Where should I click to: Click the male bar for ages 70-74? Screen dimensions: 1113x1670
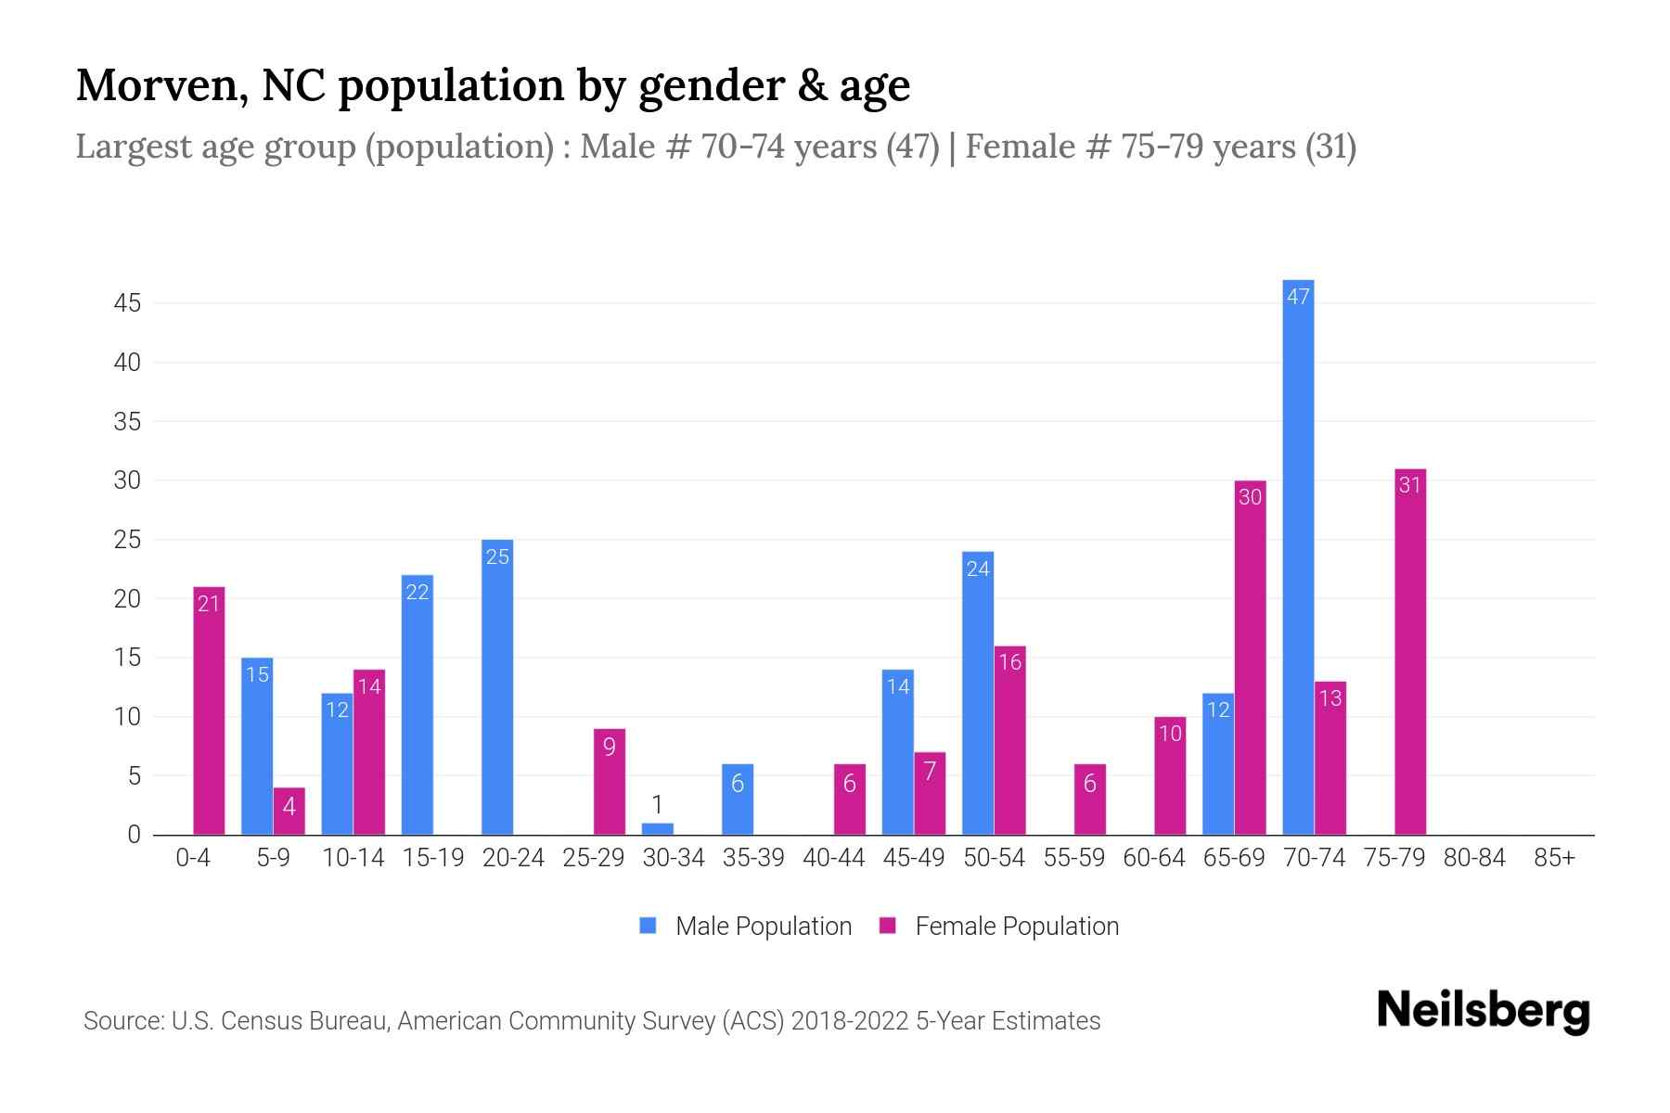point(1298,556)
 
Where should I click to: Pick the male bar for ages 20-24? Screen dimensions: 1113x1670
point(497,687)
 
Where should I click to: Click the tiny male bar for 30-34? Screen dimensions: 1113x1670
point(658,828)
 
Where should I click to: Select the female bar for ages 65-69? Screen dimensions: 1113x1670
point(1250,658)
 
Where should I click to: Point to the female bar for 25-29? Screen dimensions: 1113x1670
point(610,782)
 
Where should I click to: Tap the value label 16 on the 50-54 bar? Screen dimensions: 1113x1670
point(1010,662)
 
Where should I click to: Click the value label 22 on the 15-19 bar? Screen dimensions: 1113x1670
point(417,592)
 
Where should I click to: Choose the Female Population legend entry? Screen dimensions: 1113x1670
point(999,926)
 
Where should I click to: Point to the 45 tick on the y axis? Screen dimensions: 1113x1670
point(127,303)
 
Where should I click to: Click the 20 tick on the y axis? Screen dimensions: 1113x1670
point(127,599)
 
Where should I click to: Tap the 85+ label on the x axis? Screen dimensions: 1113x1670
point(1554,858)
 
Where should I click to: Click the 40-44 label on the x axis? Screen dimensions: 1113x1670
point(833,858)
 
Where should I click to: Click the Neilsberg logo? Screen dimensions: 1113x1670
point(1483,1010)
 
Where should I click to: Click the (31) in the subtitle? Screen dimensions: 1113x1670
point(1330,147)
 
